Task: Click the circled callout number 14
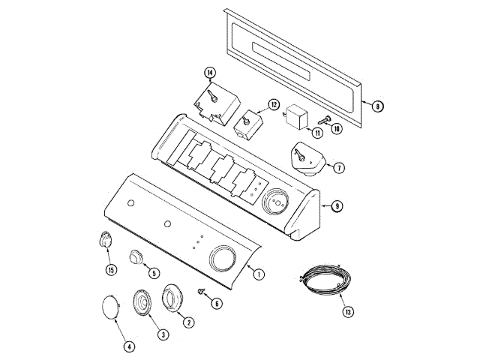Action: click(x=210, y=73)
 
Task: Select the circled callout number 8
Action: click(x=378, y=106)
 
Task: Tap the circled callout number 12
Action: click(x=274, y=105)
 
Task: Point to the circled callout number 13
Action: click(x=348, y=312)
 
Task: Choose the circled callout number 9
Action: click(x=337, y=205)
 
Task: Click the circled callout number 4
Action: click(x=129, y=346)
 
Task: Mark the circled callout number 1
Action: click(x=259, y=274)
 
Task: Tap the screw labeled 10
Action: click(x=325, y=120)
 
